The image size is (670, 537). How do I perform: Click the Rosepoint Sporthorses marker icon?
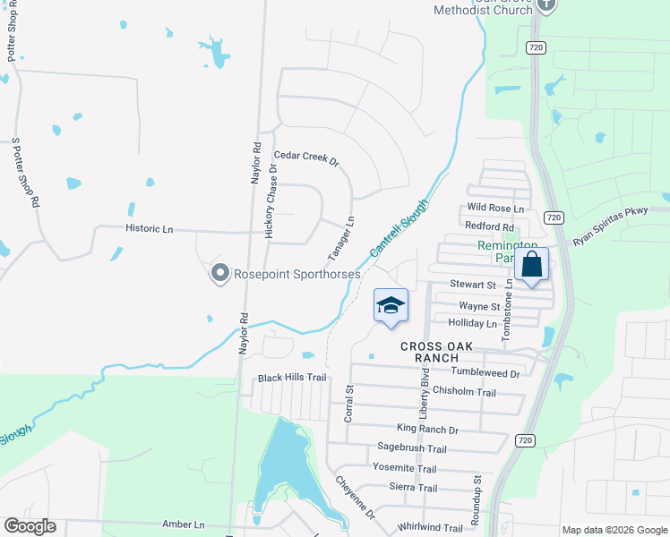[x=219, y=273]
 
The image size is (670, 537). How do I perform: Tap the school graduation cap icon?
[x=390, y=306]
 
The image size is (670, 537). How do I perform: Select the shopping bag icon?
[x=532, y=264]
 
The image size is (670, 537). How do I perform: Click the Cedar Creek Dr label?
[x=306, y=158]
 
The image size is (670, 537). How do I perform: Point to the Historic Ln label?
[x=149, y=229]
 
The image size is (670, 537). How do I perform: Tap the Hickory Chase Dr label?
[x=271, y=200]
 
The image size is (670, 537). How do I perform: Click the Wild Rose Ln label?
[x=494, y=209]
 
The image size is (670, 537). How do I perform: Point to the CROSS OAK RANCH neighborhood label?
[x=417, y=352]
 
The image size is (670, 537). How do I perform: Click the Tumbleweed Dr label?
[x=485, y=372]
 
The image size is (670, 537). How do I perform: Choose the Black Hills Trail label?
[x=292, y=378]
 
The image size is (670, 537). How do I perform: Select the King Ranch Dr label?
[x=426, y=430]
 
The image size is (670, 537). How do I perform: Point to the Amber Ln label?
[x=184, y=524]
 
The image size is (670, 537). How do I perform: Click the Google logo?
[x=30, y=526]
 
